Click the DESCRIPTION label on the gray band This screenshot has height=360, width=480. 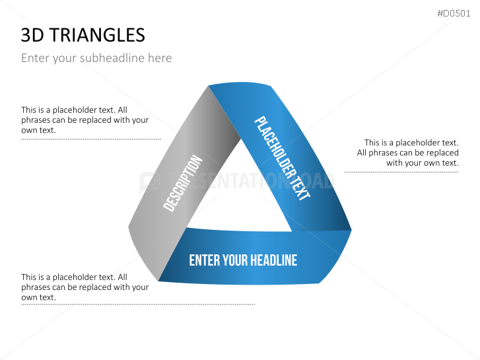point(183,183)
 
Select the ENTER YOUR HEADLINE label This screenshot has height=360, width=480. point(243,260)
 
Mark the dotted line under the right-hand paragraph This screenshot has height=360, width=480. point(401,172)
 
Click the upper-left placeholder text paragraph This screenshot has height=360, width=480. point(85,120)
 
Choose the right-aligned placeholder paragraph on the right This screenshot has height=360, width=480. point(408,153)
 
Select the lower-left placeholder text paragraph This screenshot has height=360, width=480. point(85,287)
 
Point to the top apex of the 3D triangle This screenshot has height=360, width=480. point(209,86)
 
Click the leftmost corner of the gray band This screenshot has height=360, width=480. point(129,228)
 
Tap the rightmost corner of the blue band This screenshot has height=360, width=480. point(351,231)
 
